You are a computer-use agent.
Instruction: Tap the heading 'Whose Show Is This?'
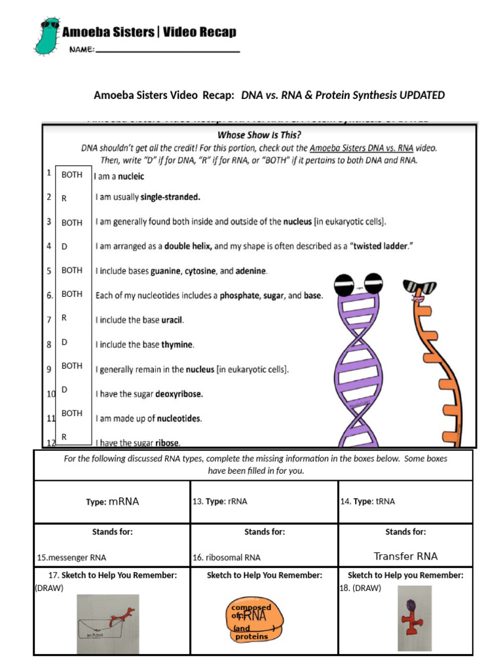point(259,134)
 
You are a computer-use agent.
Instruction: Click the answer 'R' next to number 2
point(65,197)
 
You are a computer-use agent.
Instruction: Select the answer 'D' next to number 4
point(65,246)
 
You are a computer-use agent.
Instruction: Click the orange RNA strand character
point(426,367)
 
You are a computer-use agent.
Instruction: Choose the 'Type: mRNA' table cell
point(112,501)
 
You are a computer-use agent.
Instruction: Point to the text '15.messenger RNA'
point(71,558)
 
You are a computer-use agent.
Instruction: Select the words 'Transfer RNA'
point(405,556)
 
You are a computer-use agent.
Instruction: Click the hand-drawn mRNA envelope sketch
point(107,623)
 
